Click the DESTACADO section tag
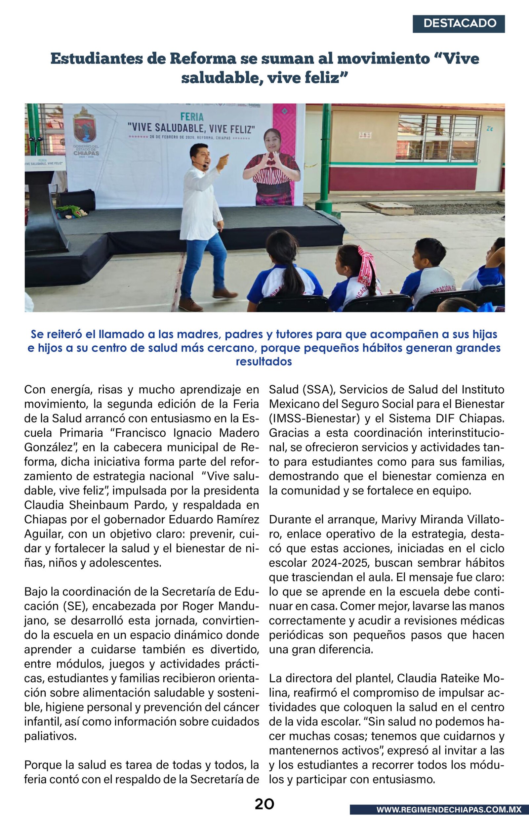click(x=459, y=24)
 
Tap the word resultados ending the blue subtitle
click(x=264, y=362)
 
